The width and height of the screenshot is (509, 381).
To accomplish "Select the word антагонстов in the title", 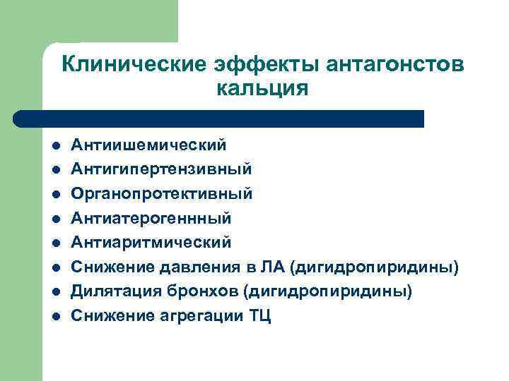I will pos(396,65).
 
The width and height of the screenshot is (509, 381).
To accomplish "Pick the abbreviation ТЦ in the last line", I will pos(259,315).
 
